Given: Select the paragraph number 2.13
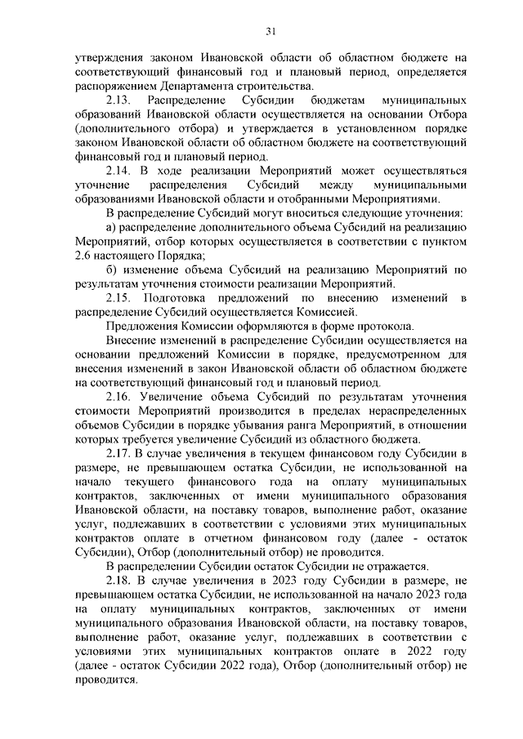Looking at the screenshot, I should [x=121, y=100].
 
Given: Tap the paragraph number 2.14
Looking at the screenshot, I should [x=120, y=171].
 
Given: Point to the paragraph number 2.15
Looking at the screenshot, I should [x=121, y=298].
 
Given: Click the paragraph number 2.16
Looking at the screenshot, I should [x=121, y=397].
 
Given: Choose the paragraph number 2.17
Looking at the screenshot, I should [x=120, y=453].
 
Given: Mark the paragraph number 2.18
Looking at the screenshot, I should [x=120, y=581].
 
